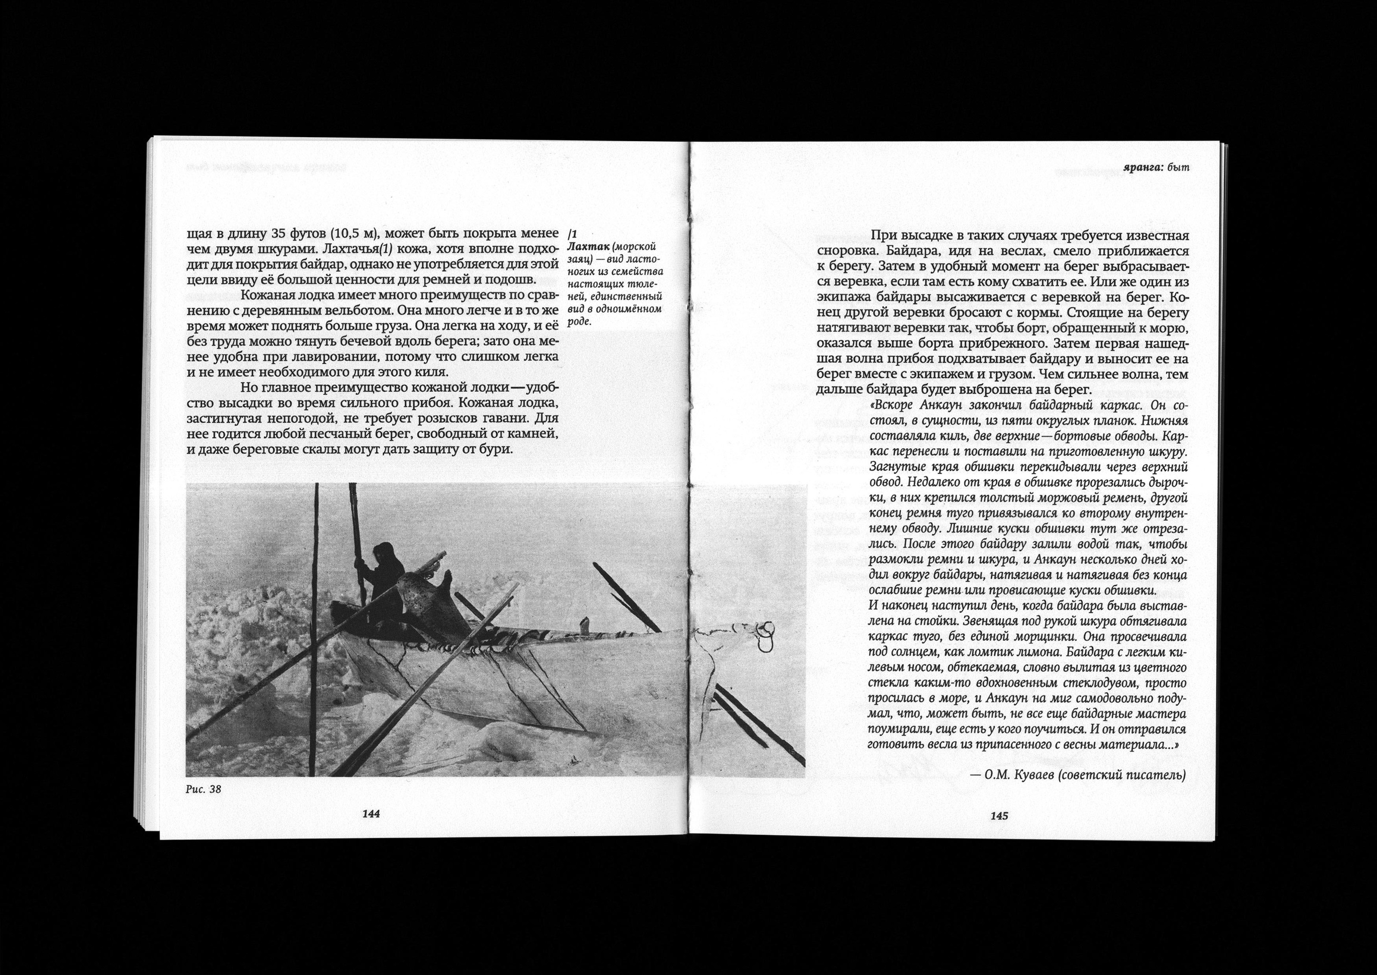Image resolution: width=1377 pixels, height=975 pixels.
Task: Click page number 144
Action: [x=371, y=814]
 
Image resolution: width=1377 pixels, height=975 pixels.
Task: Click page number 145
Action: [x=999, y=816]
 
